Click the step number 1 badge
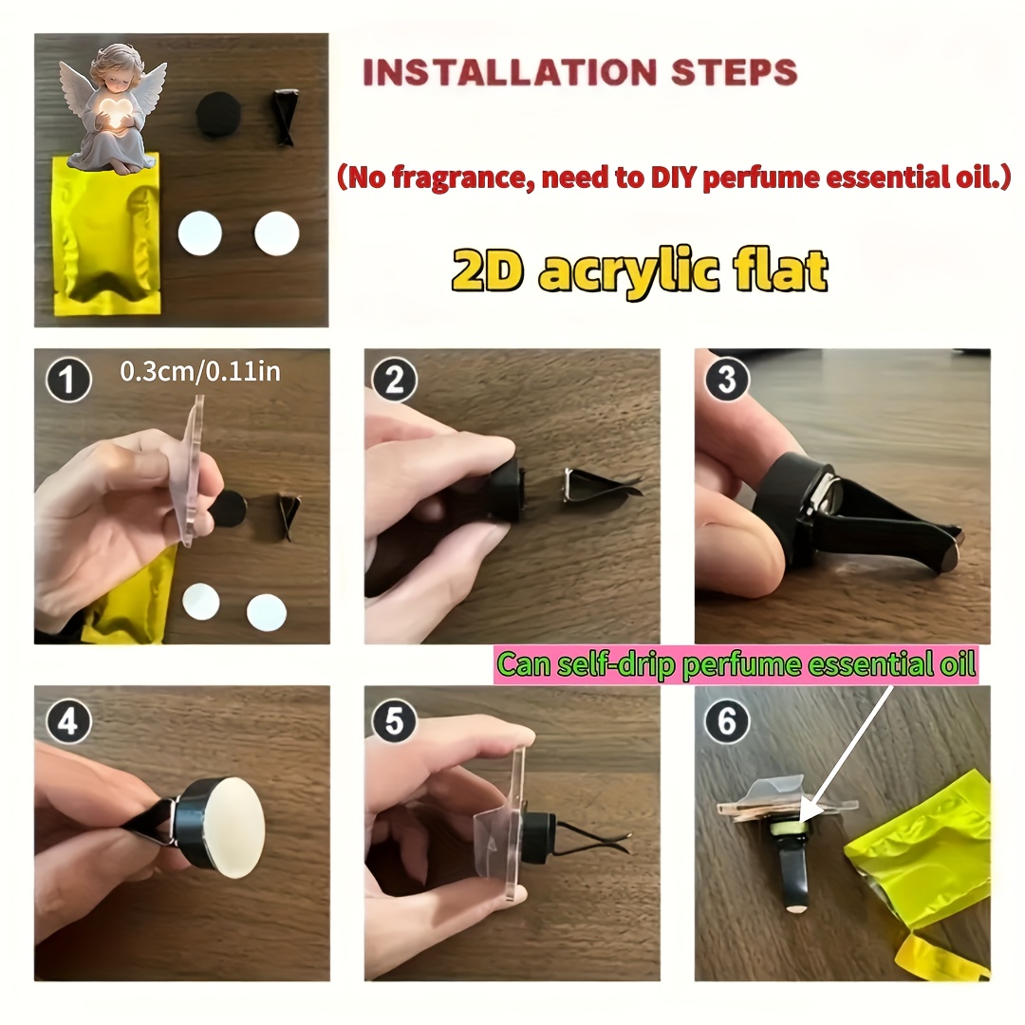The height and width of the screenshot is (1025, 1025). click(68, 381)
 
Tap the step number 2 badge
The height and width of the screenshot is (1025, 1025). click(394, 380)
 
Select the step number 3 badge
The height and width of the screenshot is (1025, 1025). click(726, 379)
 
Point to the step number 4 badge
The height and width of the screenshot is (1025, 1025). click(68, 721)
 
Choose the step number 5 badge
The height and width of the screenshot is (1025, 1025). click(394, 721)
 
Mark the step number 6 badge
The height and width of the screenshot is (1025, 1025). click(726, 721)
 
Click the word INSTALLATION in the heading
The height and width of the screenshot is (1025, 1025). click(510, 72)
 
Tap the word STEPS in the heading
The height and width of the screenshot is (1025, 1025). click(734, 72)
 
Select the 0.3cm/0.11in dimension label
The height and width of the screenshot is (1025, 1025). click(200, 371)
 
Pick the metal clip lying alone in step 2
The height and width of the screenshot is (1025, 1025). click(600, 485)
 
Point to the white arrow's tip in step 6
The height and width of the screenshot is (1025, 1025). click(800, 821)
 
